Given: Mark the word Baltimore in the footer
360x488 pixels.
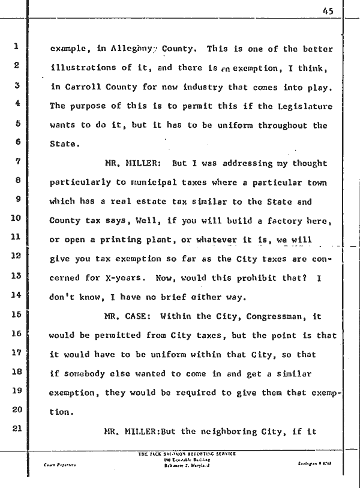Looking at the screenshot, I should tap(172, 465).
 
